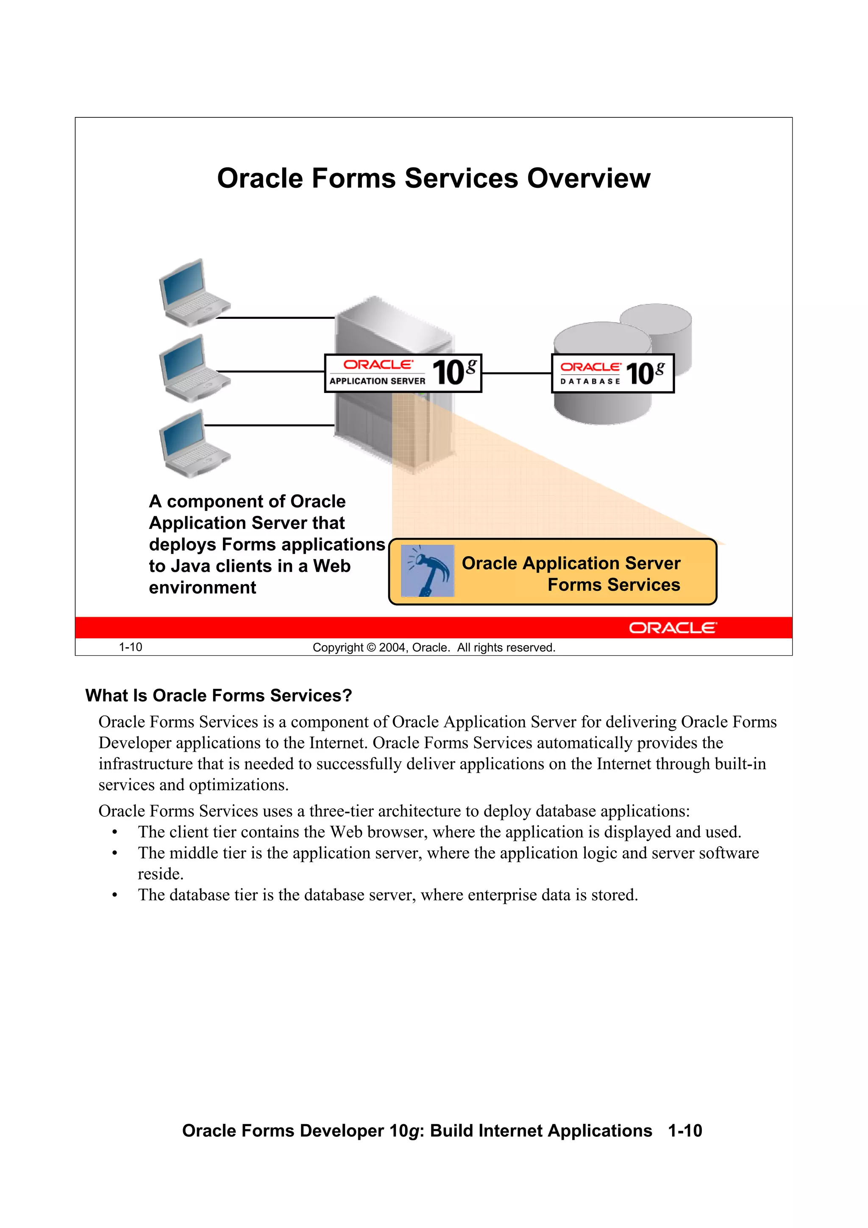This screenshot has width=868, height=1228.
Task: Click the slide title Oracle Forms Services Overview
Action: tap(434, 178)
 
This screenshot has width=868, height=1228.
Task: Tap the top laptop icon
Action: tap(194, 292)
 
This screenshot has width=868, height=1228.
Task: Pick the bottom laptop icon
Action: tap(194, 443)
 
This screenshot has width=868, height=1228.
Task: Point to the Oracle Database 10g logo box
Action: tap(612, 373)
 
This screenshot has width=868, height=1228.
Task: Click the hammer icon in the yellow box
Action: tap(427, 571)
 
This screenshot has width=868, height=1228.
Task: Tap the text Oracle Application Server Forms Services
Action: tap(571, 574)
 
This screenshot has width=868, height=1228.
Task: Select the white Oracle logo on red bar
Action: tap(672, 627)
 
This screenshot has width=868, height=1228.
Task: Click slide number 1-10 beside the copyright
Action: tap(131, 647)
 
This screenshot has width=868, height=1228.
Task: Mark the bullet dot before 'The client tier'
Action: tap(115, 833)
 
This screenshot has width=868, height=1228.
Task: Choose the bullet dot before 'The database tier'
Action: tap(115, 896)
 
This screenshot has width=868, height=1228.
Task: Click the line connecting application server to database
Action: tap(516, 373)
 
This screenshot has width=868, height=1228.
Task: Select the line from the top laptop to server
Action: tap(275, 317)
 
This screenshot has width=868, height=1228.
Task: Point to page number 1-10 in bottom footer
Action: tap(684, 1131)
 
